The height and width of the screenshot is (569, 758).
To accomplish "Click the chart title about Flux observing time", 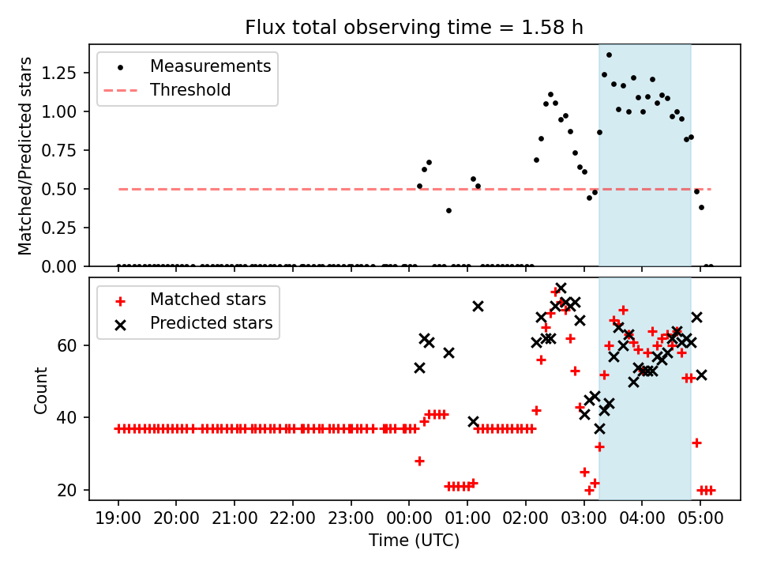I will (414, 28).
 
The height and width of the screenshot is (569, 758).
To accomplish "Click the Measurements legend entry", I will (210, 66).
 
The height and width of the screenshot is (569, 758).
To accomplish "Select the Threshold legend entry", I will (190, 90).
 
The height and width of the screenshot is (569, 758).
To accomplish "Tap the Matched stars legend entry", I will (208, 300).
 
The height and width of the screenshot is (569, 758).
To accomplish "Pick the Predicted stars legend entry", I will (211, 323).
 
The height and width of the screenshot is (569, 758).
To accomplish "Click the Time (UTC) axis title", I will (414, 541).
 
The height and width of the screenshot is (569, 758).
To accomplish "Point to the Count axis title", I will (41, 389).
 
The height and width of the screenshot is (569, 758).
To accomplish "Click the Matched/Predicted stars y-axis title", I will (25, 156).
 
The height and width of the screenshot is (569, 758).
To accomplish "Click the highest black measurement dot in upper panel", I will (609, 55).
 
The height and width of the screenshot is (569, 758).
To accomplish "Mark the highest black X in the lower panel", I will (561, 288).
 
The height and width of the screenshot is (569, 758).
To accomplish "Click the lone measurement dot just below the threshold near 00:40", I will (448, 210).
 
